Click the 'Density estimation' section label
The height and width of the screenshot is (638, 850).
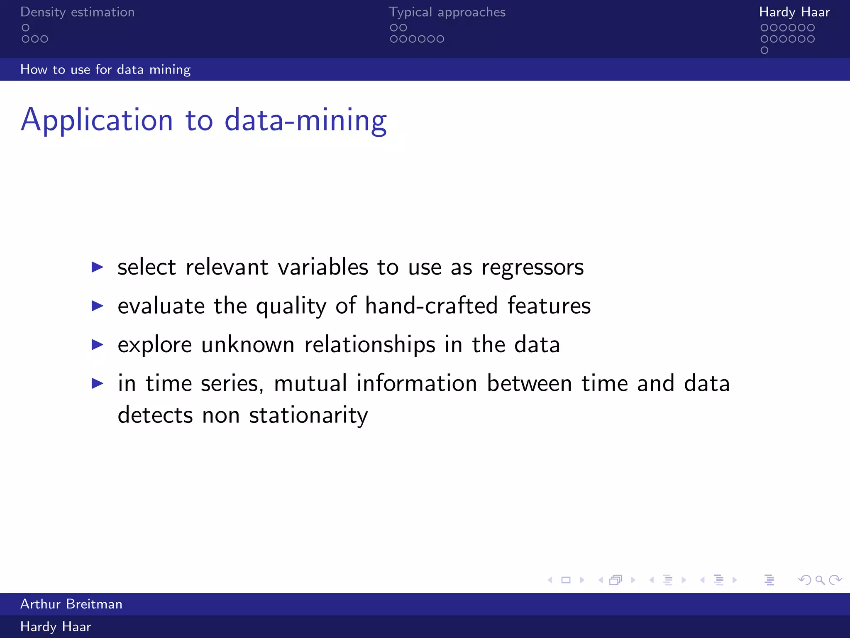coord(77,12)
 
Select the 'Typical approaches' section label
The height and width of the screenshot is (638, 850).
coord(447,12)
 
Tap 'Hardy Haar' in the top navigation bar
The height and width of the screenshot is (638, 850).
coord(794,12)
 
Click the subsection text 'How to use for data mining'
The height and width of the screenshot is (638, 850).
coord(105,69)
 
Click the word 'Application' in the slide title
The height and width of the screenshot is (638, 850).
coord(97,120)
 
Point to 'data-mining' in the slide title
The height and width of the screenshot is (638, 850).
coord(305,120)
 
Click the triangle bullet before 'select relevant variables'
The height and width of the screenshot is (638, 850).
coord(97,267)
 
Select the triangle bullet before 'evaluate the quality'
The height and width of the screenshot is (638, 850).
coord(97,306)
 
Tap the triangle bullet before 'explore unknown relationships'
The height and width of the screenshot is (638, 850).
coord(97,344)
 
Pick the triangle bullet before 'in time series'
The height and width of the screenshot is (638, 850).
coord(97,383)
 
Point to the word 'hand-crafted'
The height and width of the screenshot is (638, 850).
coord(431,306)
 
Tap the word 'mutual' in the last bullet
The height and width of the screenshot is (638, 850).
coord(310,383)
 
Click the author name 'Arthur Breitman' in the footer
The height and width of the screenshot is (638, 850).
coord(71,604)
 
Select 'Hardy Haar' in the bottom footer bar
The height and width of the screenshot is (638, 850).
coord(56,626)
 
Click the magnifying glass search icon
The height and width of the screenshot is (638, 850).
coord(820,580)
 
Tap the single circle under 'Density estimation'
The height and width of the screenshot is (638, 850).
coord(26,28)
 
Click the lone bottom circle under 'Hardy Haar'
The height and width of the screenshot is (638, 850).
coord(765,50)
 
